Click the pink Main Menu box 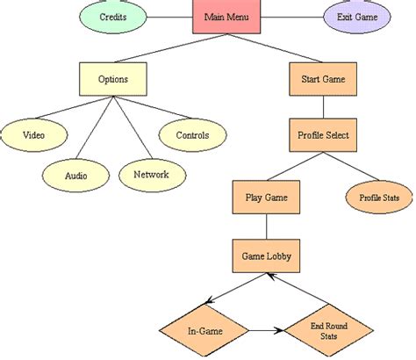[226, 17]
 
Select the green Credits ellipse [111, 17]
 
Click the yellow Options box [112, 78]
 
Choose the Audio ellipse [75, 174]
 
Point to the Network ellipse [151, 174]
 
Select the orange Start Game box [322, 78]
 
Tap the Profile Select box [322, 134]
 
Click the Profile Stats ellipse [378, 198]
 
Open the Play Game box [265, 198]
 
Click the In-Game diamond [203, 331]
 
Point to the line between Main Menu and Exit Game [290, 17]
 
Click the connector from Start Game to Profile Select [322, 106]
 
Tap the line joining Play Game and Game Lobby [265, 227]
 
